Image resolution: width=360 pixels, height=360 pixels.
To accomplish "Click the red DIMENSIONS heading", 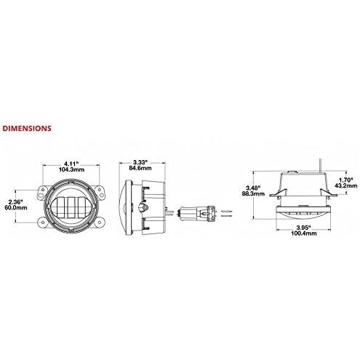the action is pyautogui.click(x=27, y=128).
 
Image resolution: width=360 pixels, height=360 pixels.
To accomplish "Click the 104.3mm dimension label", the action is pyautogui.click(x=72, y=169).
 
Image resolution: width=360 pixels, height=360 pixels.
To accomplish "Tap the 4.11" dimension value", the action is pyautogui.click(x=72, y=164).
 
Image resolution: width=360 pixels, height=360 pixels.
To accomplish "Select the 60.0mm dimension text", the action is pyautogui.click(x=16, y=207).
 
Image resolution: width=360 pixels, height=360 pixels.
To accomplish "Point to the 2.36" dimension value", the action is pyautogui.click(x=15, y=201).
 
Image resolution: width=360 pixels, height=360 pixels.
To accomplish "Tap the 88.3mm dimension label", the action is pyautogui.click(x=253, y=193).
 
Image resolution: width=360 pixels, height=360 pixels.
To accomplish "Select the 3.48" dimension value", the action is pyautogui.click(x=253, y=188).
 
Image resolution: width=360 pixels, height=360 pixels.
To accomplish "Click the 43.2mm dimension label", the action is pyautogui.click(x=346, y=185).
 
